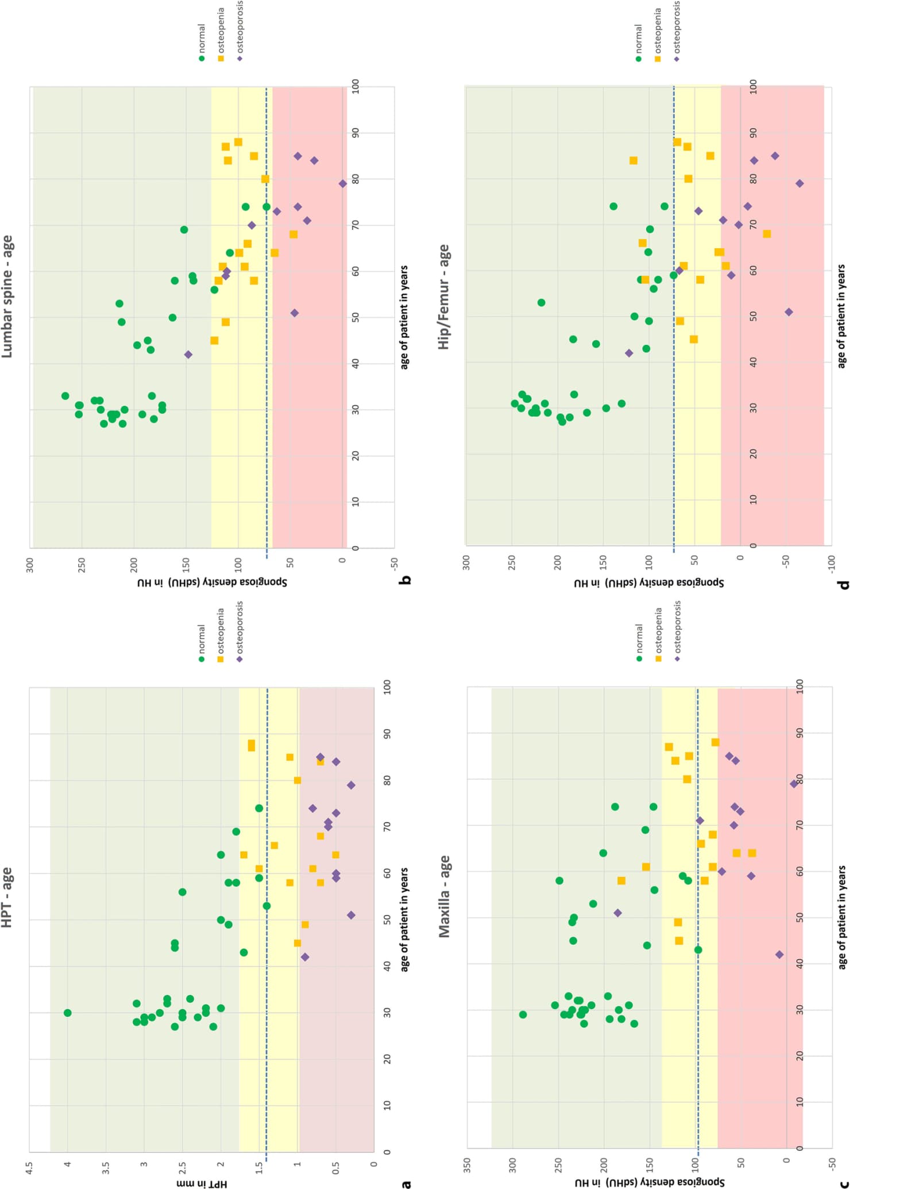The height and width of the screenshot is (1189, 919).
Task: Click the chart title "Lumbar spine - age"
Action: [x=7, y=296]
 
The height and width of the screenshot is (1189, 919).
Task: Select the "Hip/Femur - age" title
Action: [x=444, y=297]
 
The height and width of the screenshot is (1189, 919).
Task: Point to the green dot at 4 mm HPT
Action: [x=68, y=1013]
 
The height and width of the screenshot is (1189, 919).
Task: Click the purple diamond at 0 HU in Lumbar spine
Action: [x=343, y=184]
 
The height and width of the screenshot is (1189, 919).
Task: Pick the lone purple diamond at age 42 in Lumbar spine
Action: [x=188, y=355]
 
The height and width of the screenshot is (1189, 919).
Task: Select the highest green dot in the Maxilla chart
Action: [x=523, y=1014]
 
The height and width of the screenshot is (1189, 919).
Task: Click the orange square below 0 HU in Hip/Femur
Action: [x=767, y=234]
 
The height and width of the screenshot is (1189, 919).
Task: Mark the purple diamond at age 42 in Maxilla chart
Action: [x=779, y=955]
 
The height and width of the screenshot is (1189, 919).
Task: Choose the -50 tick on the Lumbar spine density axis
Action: [x=394, y=561]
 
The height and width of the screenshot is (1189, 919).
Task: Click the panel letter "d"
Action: [x=843, y=584]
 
